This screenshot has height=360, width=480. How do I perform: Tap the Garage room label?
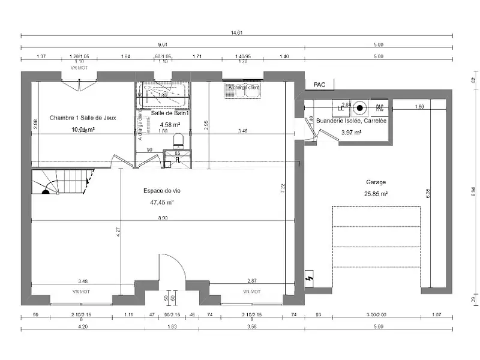coord(376,182)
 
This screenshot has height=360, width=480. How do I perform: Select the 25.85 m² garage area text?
coord(376,194)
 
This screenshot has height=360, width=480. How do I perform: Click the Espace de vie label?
coord(161,190)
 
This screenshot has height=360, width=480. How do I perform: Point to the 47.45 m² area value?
coord(161,202)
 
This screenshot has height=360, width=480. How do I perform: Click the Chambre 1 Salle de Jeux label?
coord(83,118)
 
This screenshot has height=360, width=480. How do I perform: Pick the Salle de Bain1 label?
coord(170,113)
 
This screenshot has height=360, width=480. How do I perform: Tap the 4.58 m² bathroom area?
coord(170,125)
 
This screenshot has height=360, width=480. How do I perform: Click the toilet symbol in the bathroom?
coord(178,141)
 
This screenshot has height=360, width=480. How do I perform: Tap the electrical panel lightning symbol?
coord(310,279)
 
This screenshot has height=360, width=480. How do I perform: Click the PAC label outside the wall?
coord(319,85)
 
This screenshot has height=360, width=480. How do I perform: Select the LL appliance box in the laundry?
coord(340,108)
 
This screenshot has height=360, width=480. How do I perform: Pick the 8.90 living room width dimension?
coord(163,218)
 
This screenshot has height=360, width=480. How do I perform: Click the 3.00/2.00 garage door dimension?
coord(377,314)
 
